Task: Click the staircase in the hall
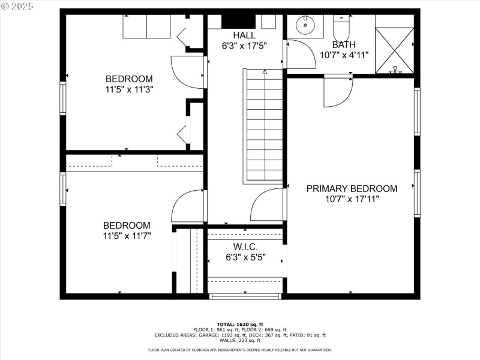(264, 125)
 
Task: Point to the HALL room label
(244, 35)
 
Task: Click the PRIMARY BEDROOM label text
(352, 188)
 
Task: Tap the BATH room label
(344, 44)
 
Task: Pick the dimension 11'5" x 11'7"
(127, 236)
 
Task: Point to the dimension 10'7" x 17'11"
(352, 199)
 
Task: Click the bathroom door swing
(300, 55)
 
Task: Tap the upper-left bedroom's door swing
(188, 71)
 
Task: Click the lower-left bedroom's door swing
(188, 207)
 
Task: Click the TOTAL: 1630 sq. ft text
(240, 324)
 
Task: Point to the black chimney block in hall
(239, 21)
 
